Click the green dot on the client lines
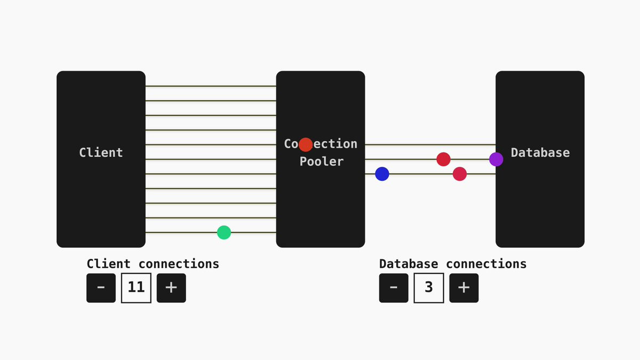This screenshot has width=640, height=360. tap(224, 233)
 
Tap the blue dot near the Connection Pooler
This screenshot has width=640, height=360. tap(382, 174)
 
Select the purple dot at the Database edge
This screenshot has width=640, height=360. tap(496, 159)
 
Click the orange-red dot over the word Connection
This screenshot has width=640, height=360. tap(306, 145)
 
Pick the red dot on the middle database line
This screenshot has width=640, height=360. tap(443, 159)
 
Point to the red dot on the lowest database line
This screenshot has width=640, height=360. tap(460, 174)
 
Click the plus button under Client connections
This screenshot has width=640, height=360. tap(171, 288)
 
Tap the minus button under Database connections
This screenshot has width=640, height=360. tap(394, 288)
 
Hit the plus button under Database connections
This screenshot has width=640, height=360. tap(464, 288)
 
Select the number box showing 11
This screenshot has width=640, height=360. tap(136, 288)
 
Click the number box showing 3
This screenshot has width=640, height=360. tap(429, 288)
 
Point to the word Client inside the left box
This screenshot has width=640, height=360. tap(101, 153)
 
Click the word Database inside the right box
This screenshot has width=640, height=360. tap(540, 153)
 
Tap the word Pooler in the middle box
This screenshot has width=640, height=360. tap(321, 162)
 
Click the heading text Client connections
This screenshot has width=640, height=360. tap(153, 263)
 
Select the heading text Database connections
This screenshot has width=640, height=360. tap(452, 263)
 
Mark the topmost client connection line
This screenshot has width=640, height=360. tap(211, 86)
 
